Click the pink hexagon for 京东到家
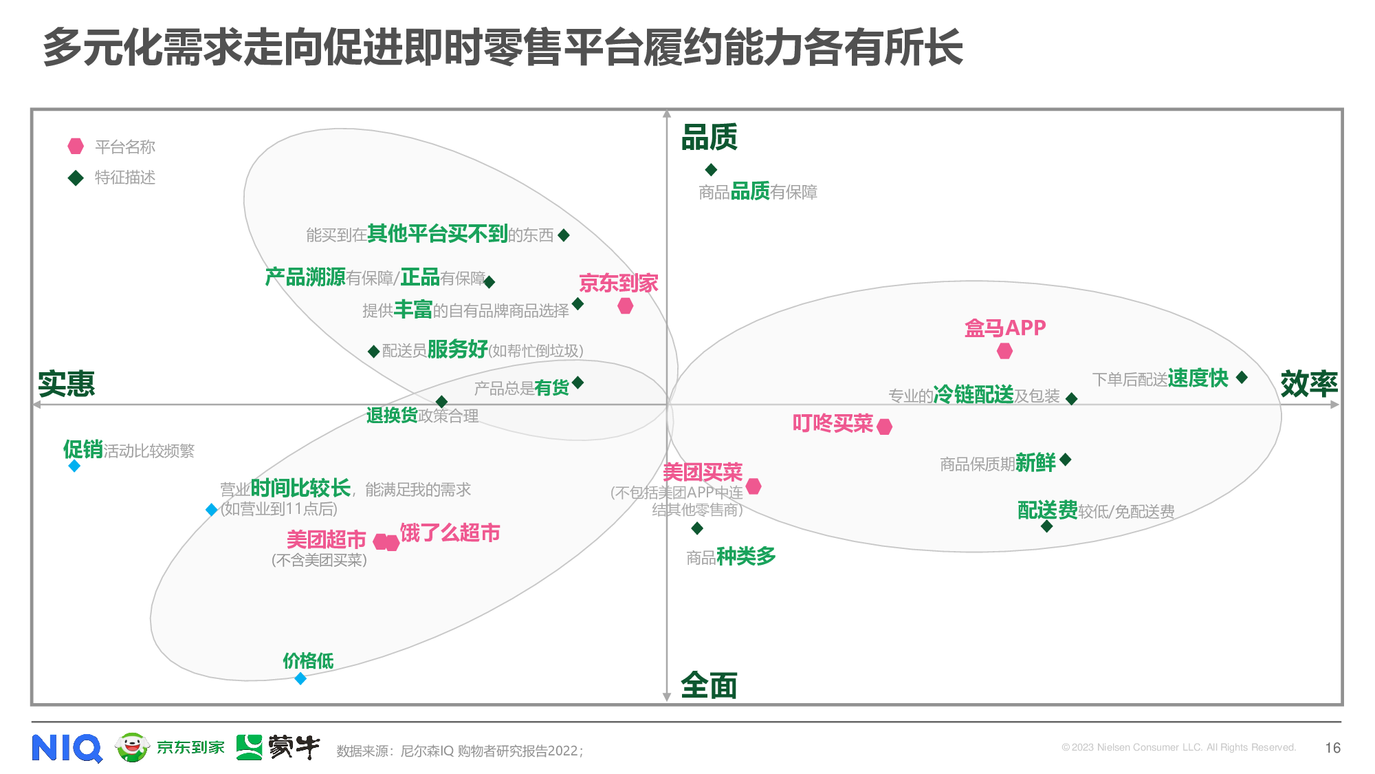[625, 306]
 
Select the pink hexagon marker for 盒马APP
[1004, 352]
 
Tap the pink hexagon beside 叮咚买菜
[885, 427]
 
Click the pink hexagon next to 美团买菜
[753, 486]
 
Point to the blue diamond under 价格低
[300, 679]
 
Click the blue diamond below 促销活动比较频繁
[74, 466]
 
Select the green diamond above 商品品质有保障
[711, 169]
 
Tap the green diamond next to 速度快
[1242, 377]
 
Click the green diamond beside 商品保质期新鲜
[1066, 460]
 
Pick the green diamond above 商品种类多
[697, 528]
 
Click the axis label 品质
[709, 137]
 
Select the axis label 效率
[1309, 384]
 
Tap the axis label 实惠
[66, 384]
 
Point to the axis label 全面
[709, 685]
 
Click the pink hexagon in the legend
[76, 147]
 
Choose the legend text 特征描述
[125, 178]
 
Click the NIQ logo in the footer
[67, 748]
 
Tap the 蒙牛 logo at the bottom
[278, 747]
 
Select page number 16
[1332, 748]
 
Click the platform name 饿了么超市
[450, 533]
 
